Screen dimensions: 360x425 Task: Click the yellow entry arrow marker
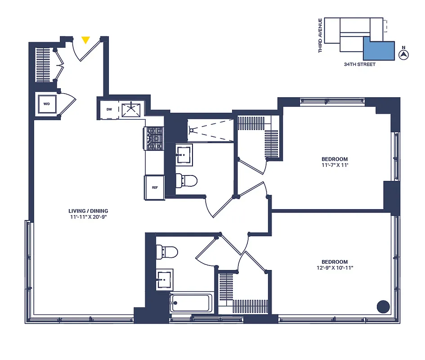85,40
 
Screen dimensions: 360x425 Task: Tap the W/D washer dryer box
47,104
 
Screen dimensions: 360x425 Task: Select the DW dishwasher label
109,109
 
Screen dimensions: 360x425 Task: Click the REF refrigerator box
154,188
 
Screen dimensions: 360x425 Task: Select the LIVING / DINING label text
88,211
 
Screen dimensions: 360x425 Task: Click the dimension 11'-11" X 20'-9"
88,217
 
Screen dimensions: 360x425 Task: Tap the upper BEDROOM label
334,159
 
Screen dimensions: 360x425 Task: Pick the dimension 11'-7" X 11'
334,165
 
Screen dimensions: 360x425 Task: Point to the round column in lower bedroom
383,306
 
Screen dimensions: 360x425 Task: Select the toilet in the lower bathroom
166,251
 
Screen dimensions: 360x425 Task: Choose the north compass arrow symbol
404,54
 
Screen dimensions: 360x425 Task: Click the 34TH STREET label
359,65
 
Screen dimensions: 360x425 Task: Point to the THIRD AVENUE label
320,35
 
